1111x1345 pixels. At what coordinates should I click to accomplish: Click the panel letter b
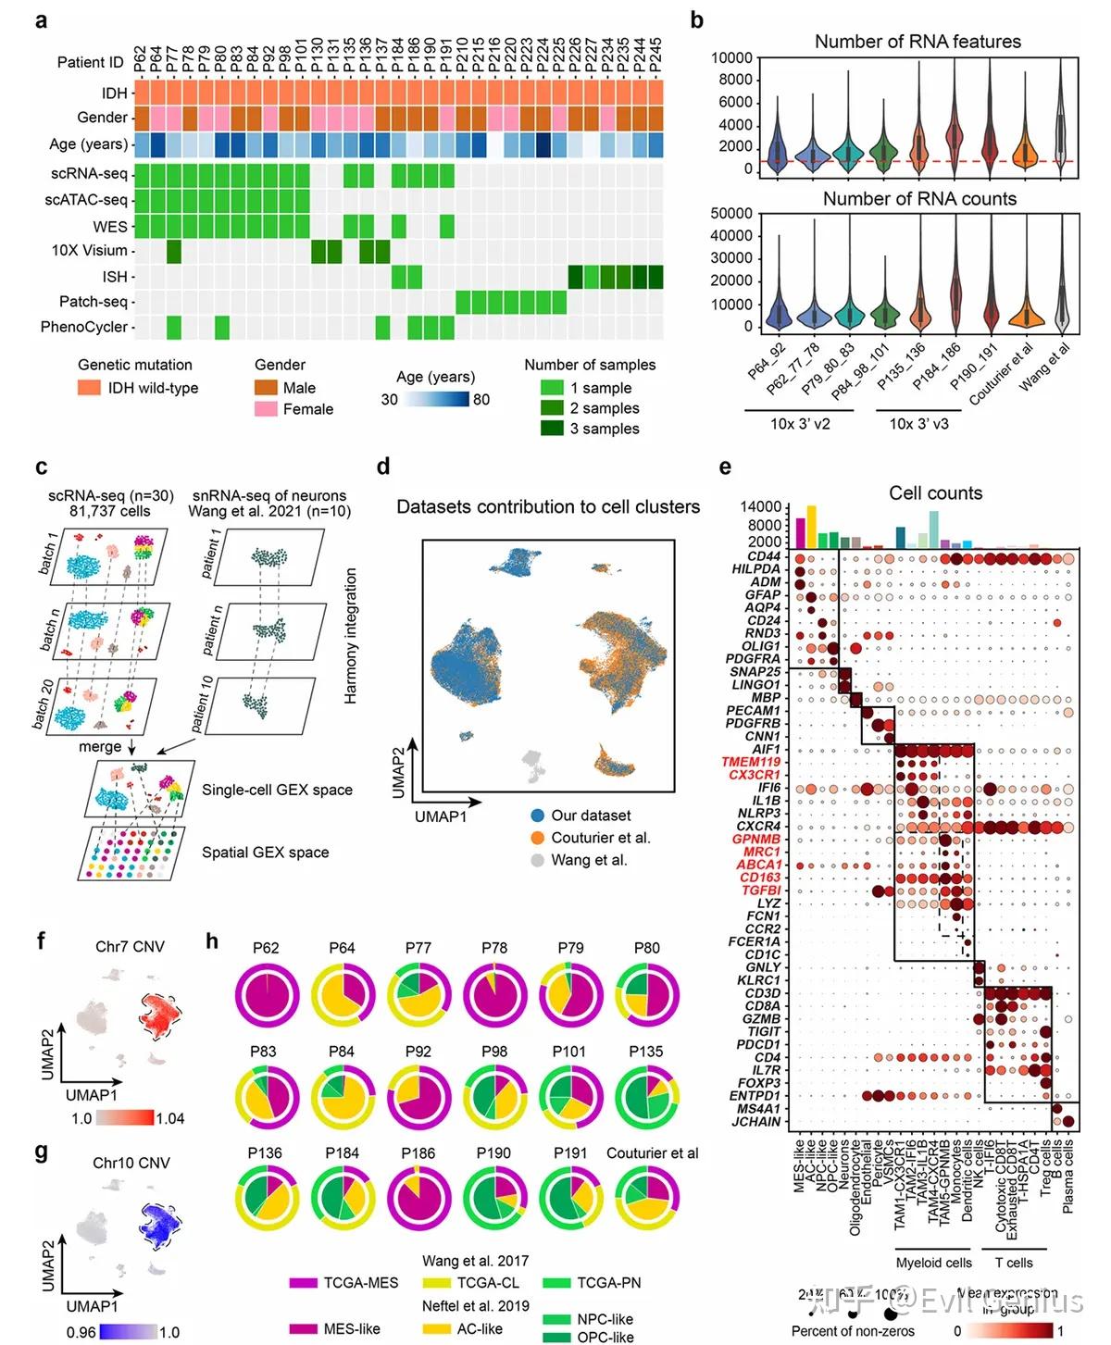tap(696, 20)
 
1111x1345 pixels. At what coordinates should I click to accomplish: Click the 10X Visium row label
tap(89, 251)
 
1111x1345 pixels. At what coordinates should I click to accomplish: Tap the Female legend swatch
tap(266, 408)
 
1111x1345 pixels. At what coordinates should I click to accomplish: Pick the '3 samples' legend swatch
tap(552, 428)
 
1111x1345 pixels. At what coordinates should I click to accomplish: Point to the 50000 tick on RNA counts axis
tap(730, 214)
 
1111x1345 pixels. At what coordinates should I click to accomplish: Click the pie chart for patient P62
tap(266, 994)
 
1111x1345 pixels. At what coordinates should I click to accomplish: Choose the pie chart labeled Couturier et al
tap(647, 1198)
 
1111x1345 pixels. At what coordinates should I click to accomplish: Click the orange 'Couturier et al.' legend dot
tap(537, 838)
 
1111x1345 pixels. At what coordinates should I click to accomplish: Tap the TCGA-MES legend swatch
tap(304, 1283)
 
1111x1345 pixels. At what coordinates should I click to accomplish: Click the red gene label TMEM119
tap(750, 762)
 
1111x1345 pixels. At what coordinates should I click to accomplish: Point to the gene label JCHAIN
tap(756, 1122)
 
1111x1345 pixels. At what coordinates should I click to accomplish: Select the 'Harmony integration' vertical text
tap(351, 636)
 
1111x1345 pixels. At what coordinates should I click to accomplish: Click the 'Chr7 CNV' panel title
tap(130, 946)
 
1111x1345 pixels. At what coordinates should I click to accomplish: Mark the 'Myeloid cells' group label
tap(933, 1263)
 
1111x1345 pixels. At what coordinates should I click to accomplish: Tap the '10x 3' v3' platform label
tap(918, 423)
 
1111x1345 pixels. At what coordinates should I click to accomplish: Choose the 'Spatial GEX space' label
tap(265, 853)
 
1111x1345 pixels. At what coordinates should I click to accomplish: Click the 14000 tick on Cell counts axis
tap(761, 507)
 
